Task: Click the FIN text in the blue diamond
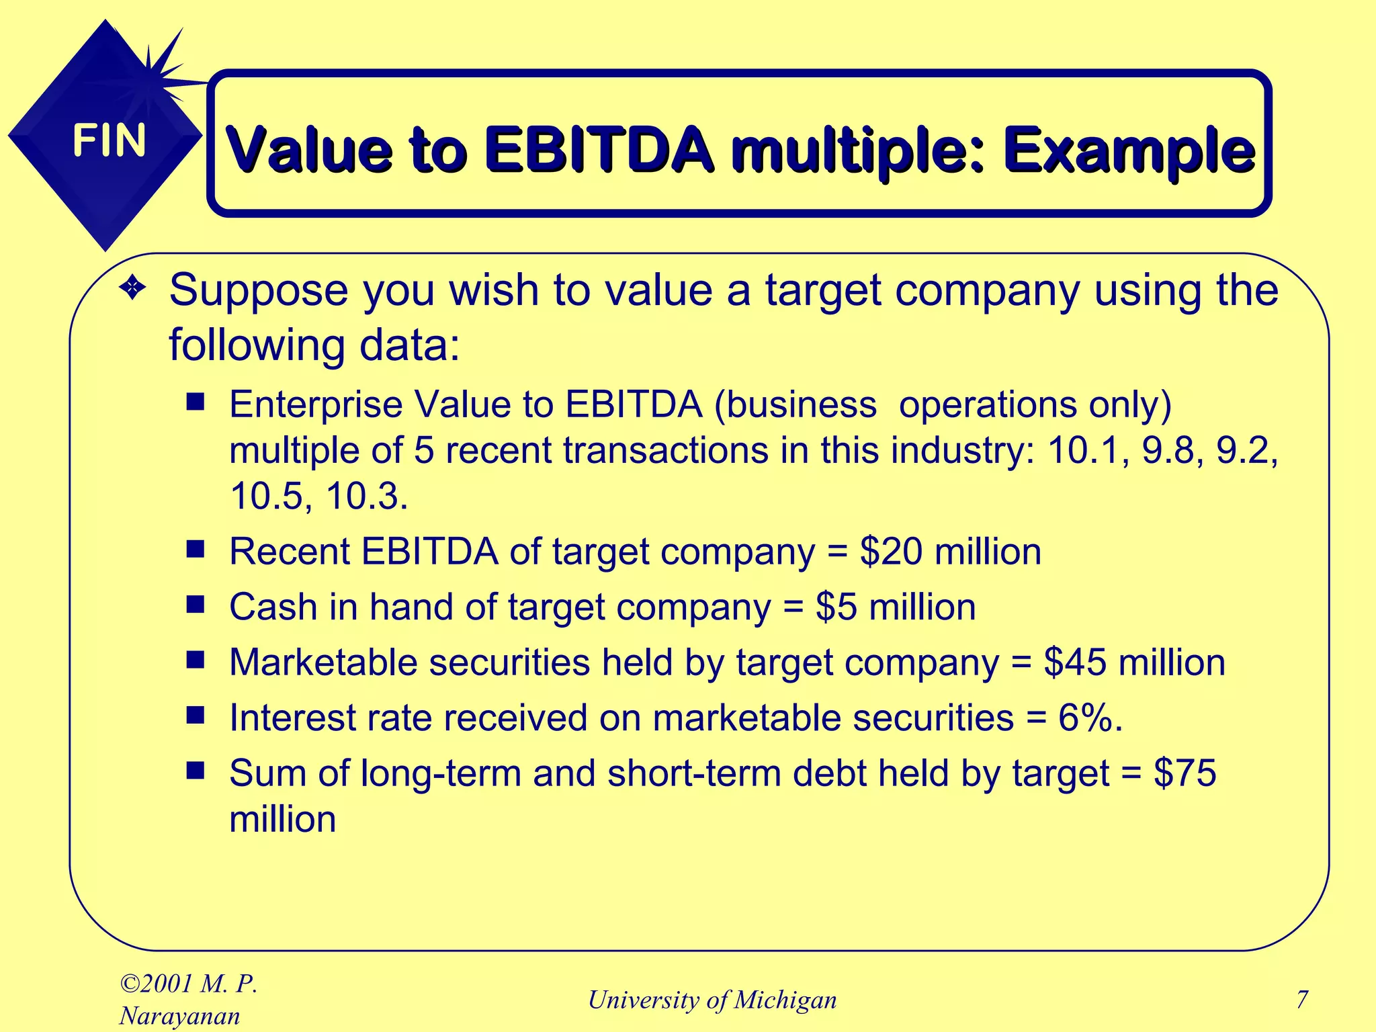pos(109,140)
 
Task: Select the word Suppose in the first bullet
pos(259,291)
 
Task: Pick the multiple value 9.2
pos(1246,450)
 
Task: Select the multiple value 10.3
pos(367,497)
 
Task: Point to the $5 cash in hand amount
pos(836,607)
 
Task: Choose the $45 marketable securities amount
pos(1074,662)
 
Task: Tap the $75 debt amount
pos(1185,773)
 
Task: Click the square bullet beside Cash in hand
pos(196,605)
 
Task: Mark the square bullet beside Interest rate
pos(196,716)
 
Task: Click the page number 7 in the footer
pos(1302,1000)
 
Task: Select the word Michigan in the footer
pos(785,1000)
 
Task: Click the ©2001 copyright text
pos(159,984)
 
